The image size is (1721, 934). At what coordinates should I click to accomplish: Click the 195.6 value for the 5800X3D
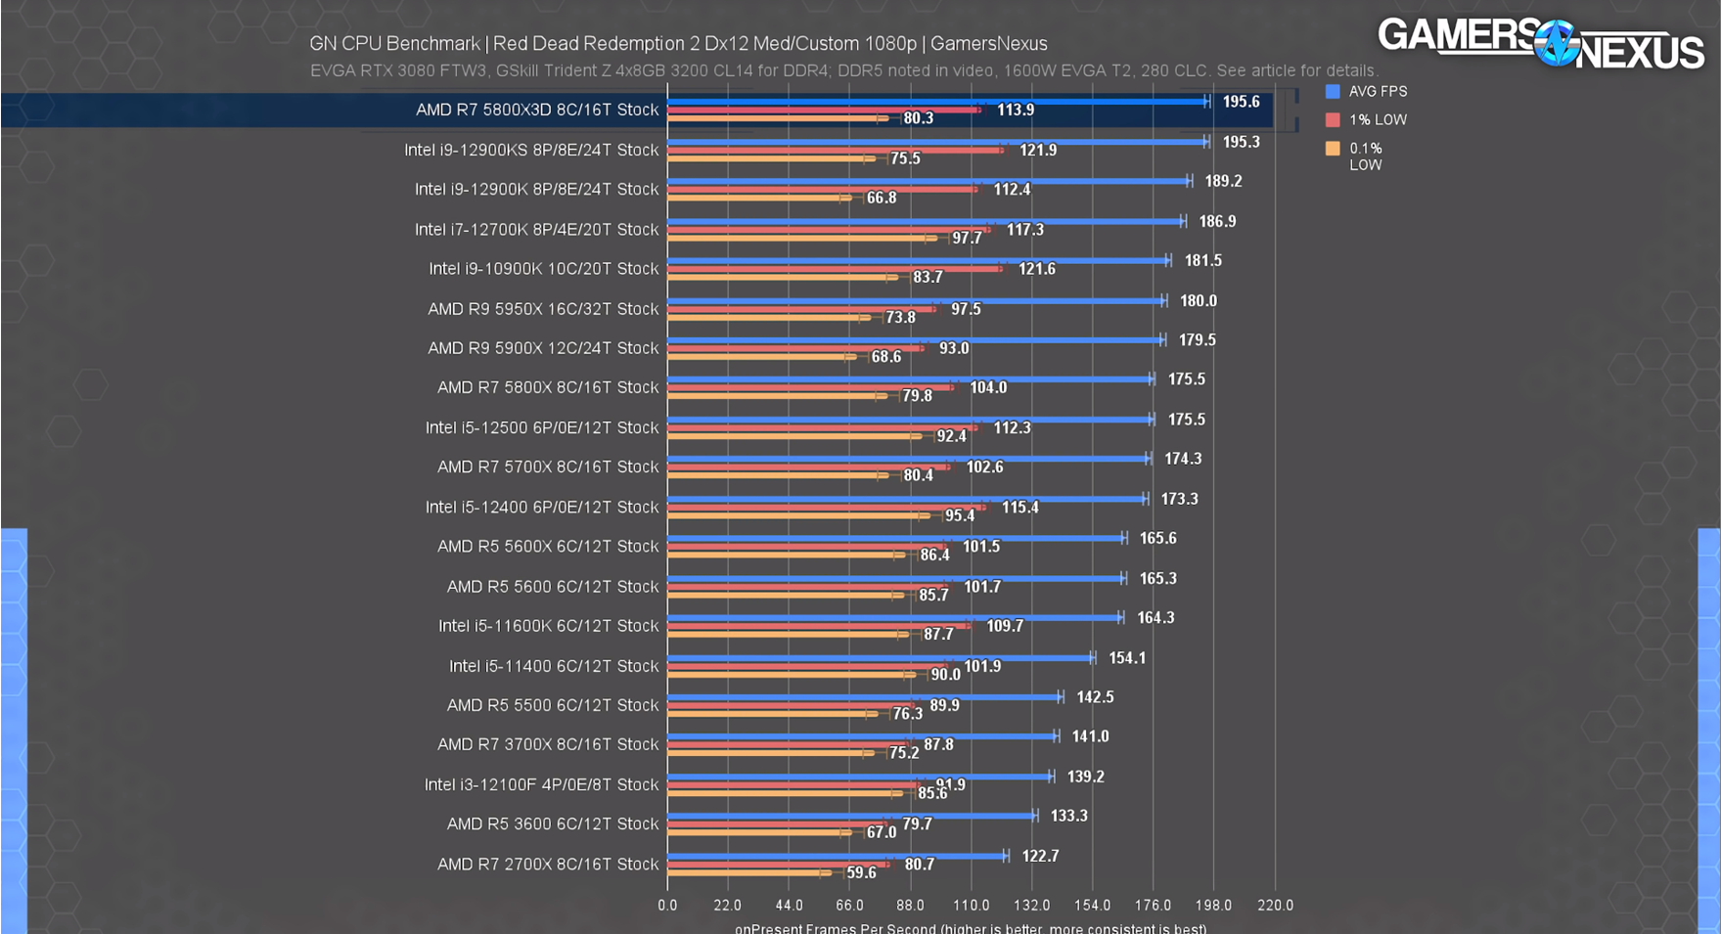coord(1241,102)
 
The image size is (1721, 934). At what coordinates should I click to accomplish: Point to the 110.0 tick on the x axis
coord(971,906)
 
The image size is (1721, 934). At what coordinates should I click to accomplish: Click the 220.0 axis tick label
coord(1275,906)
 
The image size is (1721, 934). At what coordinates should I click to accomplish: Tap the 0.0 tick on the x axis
coord(667,906)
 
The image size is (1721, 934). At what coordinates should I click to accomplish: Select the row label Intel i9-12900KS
coord(531,150)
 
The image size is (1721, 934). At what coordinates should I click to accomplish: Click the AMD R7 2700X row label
coord(548,864)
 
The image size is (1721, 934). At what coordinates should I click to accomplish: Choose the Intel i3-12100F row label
coord(541,784)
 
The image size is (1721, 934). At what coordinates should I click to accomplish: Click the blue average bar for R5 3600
coord(851,815)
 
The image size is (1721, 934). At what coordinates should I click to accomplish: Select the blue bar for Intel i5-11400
coord(881,657)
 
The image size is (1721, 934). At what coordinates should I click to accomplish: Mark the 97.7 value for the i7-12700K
coord(967,238)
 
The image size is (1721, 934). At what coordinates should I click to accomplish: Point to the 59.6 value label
coord(861,872)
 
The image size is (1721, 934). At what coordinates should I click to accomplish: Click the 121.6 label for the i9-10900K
coord(1036,269)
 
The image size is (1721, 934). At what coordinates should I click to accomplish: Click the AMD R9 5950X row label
coord(543,308)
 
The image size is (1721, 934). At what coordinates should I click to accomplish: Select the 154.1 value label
coord(1126,658)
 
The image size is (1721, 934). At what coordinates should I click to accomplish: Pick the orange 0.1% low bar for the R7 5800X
coord(773,396)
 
